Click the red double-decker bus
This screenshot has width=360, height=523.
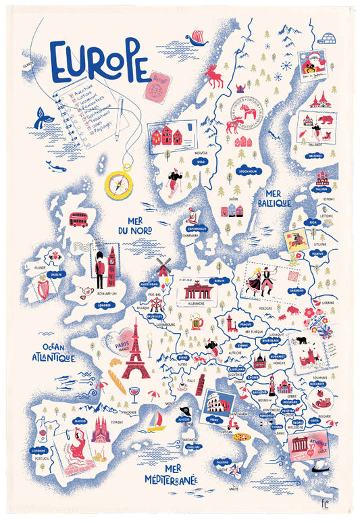pos(78,220)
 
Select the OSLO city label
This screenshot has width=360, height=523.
pos(201,161)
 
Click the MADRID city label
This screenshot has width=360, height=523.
pos(80,420)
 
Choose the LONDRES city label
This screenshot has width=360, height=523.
pos(104,304)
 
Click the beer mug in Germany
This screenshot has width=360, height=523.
pos(198,324)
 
